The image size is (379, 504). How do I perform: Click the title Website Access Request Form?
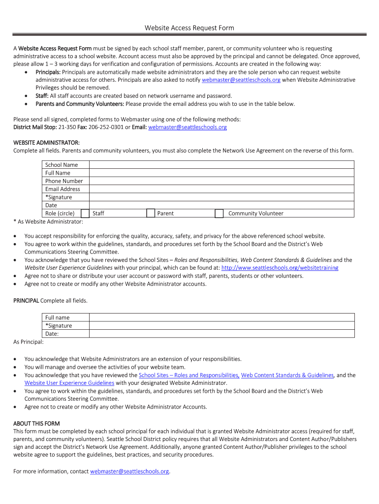point(189,28)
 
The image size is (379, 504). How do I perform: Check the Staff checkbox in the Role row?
point(85,213)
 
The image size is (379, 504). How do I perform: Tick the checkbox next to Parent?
point(151,213)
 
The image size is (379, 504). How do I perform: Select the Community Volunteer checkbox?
point(220,213)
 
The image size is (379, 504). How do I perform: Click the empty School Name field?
point(221,165)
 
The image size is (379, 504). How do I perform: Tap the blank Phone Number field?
point(221,181)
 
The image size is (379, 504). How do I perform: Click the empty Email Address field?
point(221,189)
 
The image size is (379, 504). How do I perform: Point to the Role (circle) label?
point(60,214)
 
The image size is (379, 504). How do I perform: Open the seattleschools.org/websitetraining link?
point(280,268)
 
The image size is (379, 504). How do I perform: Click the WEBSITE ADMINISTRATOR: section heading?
point(46,143)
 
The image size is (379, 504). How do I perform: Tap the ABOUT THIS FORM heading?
point(36,423)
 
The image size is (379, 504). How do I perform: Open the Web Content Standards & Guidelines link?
point(287,375)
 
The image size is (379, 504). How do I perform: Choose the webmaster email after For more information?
point(129,472)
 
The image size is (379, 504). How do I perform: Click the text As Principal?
point(29,342)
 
